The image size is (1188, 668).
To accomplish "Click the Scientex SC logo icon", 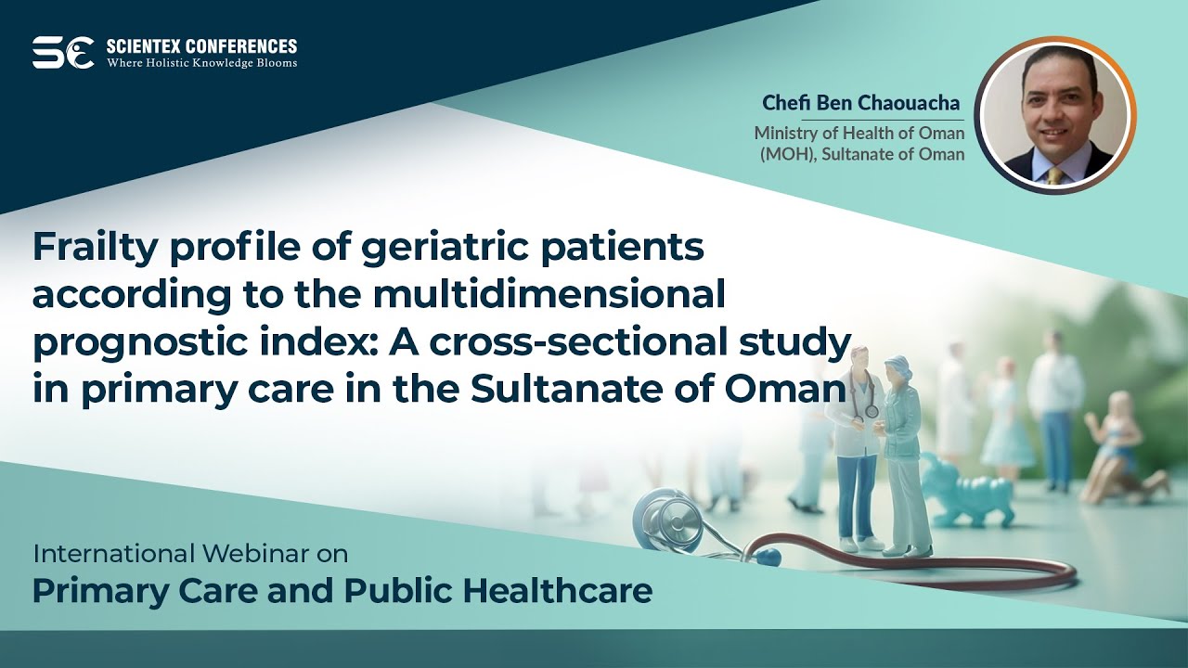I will pyautogui.click(x=63, y=53).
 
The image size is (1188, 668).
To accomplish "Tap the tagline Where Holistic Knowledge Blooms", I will pyautogui.click(x=201, y=63).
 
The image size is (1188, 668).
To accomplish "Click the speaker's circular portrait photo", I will pyautogui.click(x=1057, y=115).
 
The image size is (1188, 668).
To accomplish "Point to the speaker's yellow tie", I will pyautogui.click(x=1054, y=175).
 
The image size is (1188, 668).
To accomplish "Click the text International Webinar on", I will pyautogui.click(x=190, y=554).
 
